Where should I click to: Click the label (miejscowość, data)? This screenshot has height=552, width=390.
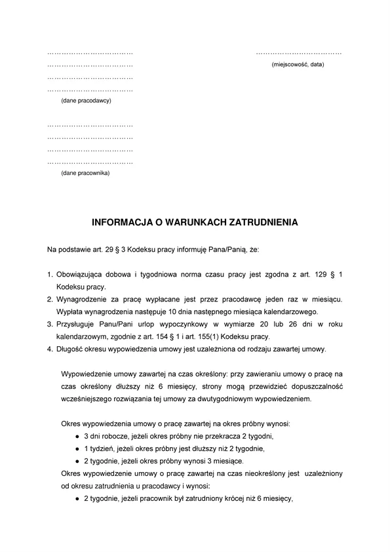click(x=298, y=64)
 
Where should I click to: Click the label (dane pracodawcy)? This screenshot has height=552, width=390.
click(x=86, y=100)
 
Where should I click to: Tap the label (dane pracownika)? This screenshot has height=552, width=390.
click(x=85, y=173)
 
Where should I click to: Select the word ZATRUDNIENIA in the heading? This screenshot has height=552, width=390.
click(x=266, y=223)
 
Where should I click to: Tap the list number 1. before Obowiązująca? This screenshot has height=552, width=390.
click(x=50, y=274)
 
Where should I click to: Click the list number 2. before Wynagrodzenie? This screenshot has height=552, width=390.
click(x=50, y=299)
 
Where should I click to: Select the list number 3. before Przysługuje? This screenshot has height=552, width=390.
click(x=50, y=324)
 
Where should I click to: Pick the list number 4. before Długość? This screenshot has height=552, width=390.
click(x=50, y=349)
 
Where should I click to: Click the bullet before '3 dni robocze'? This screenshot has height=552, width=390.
click(x=77, y=436)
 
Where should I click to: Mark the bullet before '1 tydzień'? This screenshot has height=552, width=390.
click(x=77, y=448)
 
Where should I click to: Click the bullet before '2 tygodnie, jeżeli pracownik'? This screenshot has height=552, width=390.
click(x=77, y=498)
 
